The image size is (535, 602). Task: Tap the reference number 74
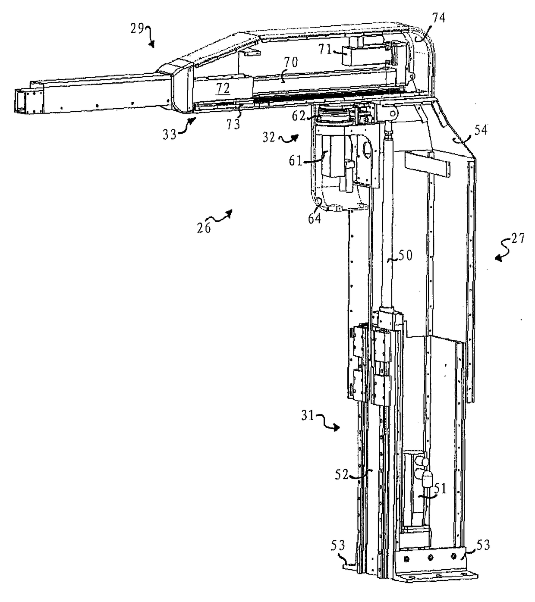pyautogui.click(x=438, y=18)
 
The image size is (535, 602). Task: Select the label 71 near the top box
pyautogui.click(x=325, y=50)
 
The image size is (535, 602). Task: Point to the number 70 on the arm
pyautogui.click(x=291, y=63)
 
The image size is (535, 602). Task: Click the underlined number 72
pyautogui.click(x=223, y=88)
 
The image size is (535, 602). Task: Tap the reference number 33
pyautogui.click(x=170, y=134)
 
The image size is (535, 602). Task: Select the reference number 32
pyautogui.click(x=269, y=137)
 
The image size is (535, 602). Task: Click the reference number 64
pyautogui.click(x=315, y=218)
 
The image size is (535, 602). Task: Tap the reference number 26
pyautogui.click(x=204, y=227)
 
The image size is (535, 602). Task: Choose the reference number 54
pyautogui.click(x=481, y=130)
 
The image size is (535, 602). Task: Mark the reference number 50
pyautogui.click(x=406, y=256)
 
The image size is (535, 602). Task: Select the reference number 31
pyautogui.click(x=308, y=417)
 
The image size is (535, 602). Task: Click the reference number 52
pyautogui.click(x=342, y=474)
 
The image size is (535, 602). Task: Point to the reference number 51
pyautogui.click(x=440, y=489)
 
